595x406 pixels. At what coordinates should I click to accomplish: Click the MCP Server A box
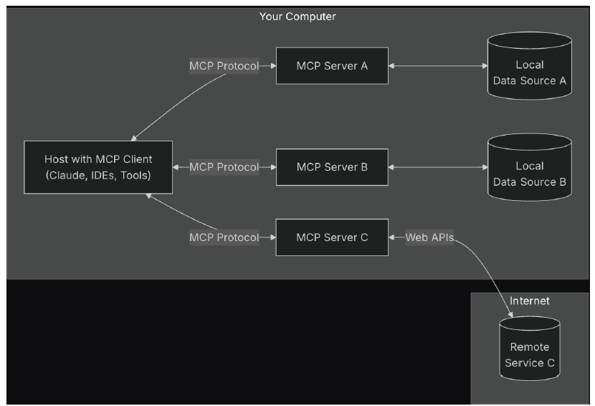click(332, 66)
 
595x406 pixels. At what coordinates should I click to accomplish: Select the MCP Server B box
click(332, 167)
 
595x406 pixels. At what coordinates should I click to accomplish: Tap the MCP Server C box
click(332, 237)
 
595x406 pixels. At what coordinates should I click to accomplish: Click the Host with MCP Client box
click(98, 167)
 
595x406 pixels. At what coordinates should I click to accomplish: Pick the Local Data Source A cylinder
click(529, 72)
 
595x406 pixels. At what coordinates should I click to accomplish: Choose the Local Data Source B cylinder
click(529, 174)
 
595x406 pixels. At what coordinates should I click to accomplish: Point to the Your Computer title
click(297, 16)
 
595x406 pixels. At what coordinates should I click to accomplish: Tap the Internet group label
click(529, 301)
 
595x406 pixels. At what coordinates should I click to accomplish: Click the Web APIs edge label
click(429, 237)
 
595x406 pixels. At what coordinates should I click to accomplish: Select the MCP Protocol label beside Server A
click(224, 66)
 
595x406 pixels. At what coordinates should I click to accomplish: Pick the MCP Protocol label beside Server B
click(224, 167)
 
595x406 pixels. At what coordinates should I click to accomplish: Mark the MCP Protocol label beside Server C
click(224, 237)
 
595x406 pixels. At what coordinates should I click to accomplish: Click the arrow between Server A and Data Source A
click(437, 66)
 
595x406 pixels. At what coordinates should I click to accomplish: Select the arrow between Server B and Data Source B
click(437, 167)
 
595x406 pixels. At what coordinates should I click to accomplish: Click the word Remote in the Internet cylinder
click(529, 347)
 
